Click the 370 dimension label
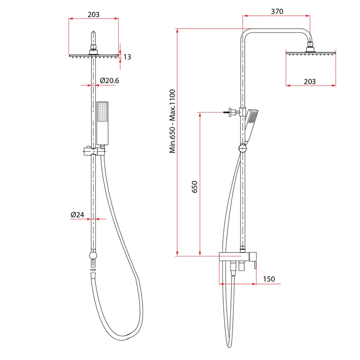click(x=277, y=12)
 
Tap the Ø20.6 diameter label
click(x=109, y=81)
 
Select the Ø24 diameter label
click(x=77, y=215)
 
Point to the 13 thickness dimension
click(x=127, y=57)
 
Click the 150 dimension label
click(x=269, y=279)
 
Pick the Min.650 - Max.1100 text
click(x=172, y=121)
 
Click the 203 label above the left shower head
click(x=94, y=15)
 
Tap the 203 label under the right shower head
click(x=310, y=81)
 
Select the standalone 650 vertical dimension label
click(x=194, y=187)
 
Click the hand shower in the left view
click(x=103, y=123)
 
